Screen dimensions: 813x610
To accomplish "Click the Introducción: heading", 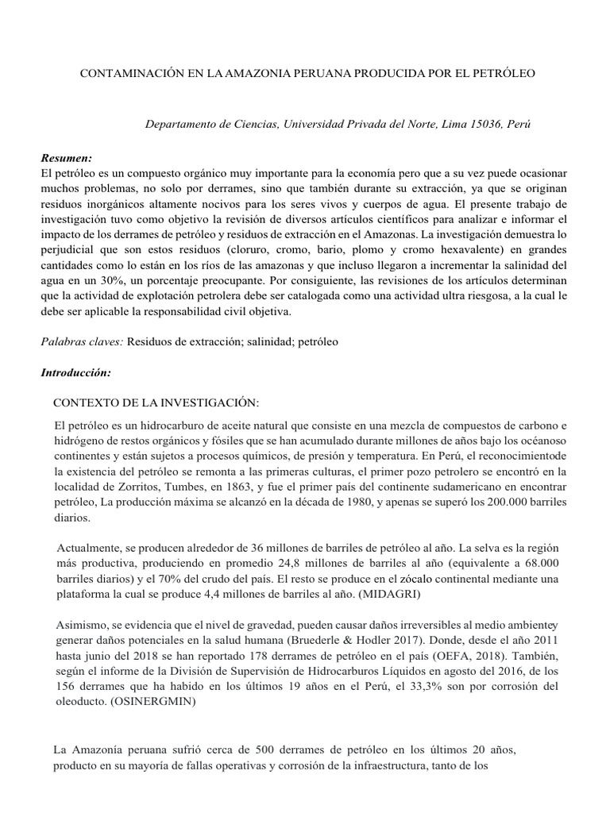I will (75, 372).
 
